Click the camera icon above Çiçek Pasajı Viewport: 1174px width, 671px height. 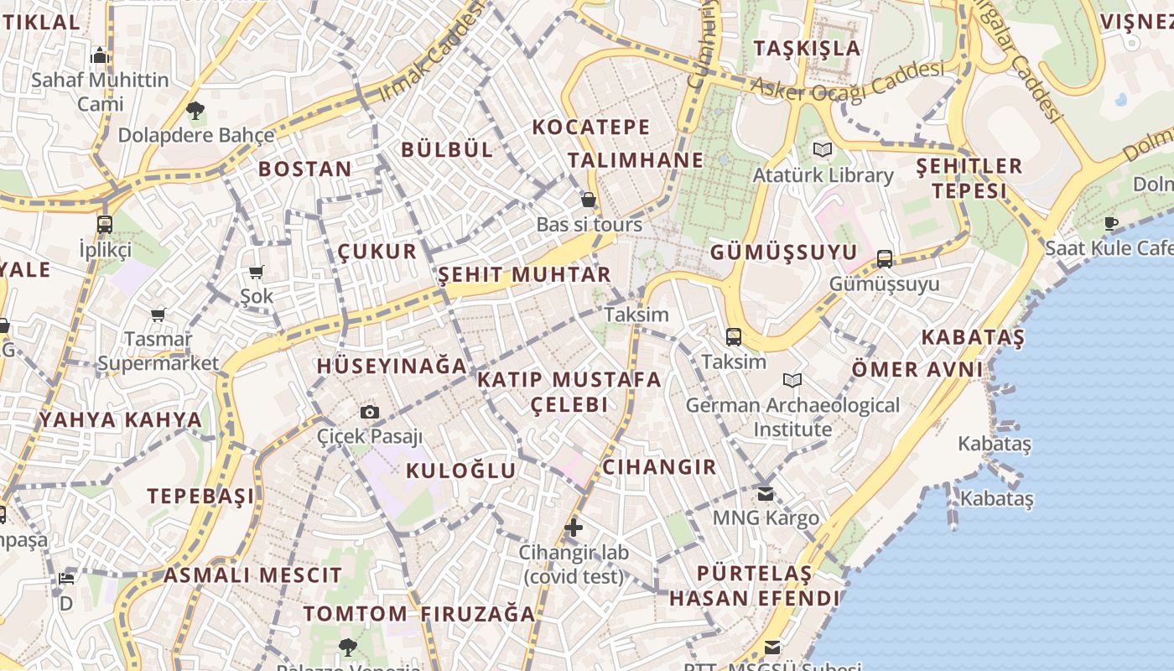point(370,412)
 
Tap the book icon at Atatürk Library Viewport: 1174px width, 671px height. point(821,150)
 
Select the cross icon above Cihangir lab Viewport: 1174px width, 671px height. point(574,528)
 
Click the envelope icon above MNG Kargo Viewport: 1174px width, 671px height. point(765,493)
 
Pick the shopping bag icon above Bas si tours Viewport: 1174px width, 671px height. point(589,200)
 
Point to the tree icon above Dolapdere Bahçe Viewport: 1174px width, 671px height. point(195,110)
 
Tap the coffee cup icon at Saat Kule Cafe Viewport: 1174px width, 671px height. point(1111,223)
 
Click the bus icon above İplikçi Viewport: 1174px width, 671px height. point(105,225)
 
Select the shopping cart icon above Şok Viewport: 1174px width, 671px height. point(257,272)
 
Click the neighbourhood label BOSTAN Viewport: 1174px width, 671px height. point(305,169)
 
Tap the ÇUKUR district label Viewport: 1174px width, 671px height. point(377,251)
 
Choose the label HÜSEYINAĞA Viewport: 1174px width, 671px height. point(392,367)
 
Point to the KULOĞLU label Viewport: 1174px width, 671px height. point(461,471)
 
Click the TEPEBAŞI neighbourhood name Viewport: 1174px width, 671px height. point(201,496)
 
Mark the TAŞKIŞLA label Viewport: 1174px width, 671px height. point(807,48)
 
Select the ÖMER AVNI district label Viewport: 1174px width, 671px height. point(917,369)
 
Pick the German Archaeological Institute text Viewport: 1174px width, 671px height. point(792,417)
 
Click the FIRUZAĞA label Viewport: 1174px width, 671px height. point(478,614)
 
